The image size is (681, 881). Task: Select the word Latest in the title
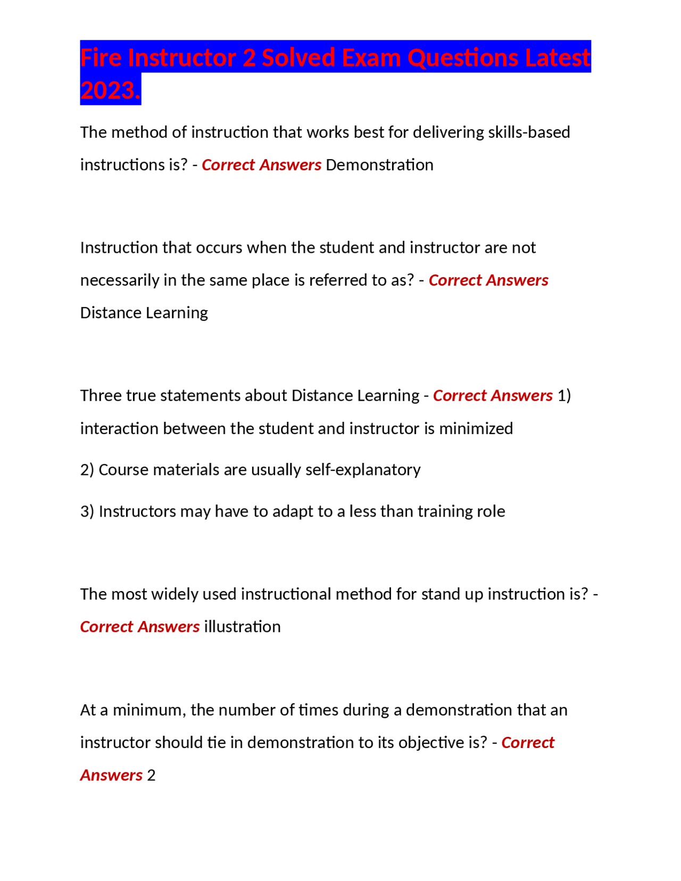557,57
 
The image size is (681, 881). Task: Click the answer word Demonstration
379,165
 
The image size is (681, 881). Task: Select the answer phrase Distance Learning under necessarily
144,312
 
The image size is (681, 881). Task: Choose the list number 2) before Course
87,470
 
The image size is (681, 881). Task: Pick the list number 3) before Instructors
87,511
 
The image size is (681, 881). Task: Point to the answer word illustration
242,627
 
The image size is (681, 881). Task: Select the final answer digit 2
151,775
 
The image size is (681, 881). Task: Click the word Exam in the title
371,57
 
